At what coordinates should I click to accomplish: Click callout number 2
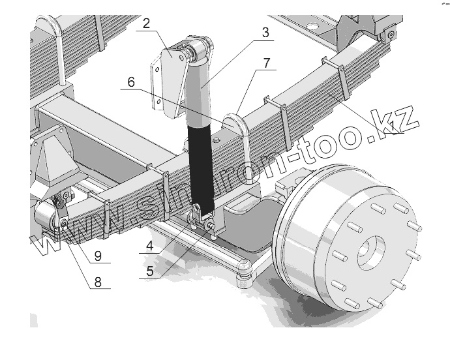146,24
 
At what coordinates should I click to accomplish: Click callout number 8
98,282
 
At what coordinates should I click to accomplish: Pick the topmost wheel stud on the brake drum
378,207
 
